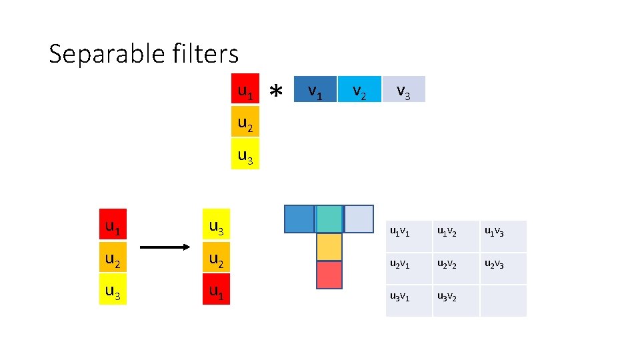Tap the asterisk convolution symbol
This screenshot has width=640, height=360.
click(x=277, y=91)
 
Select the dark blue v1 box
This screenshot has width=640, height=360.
click(x=314, y=89)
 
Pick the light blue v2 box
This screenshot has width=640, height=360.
click(x=359, y=89)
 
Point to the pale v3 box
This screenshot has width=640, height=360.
click(x=403, y=89)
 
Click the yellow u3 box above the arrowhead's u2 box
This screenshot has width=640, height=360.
click(x=217, y=227)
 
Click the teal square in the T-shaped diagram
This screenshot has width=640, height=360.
click(x=329, y=219)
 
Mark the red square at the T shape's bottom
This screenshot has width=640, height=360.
click(x=329, y=275)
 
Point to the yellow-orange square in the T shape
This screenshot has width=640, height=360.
click(x=329, y=247)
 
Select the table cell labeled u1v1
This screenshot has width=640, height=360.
click(x=409, y=236)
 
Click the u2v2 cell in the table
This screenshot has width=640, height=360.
click(x=456, y=268)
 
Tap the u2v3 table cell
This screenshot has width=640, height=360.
click(x=503, y=268)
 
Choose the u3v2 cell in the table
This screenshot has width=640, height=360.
click(x=456, y=300)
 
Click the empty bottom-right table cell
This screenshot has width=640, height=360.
click(x=503, y=300)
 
